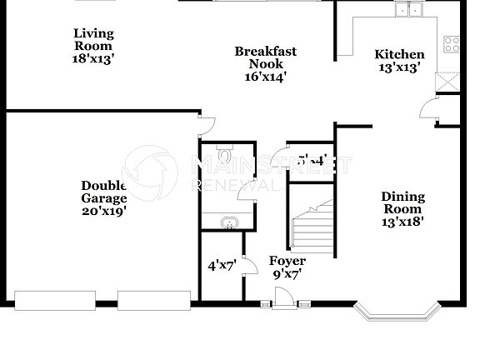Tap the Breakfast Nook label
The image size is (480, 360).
click(x=265, y=57)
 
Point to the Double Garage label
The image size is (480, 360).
click(x=103, y=192)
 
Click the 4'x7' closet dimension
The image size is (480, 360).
click(x=222, y=266)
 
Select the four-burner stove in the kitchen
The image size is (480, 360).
click(x=453, y=43)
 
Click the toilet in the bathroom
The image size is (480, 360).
click(x=225, y=155)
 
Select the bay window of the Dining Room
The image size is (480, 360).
click(x=397, y=313)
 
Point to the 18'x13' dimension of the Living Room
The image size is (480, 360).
click(x=92, y=58)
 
